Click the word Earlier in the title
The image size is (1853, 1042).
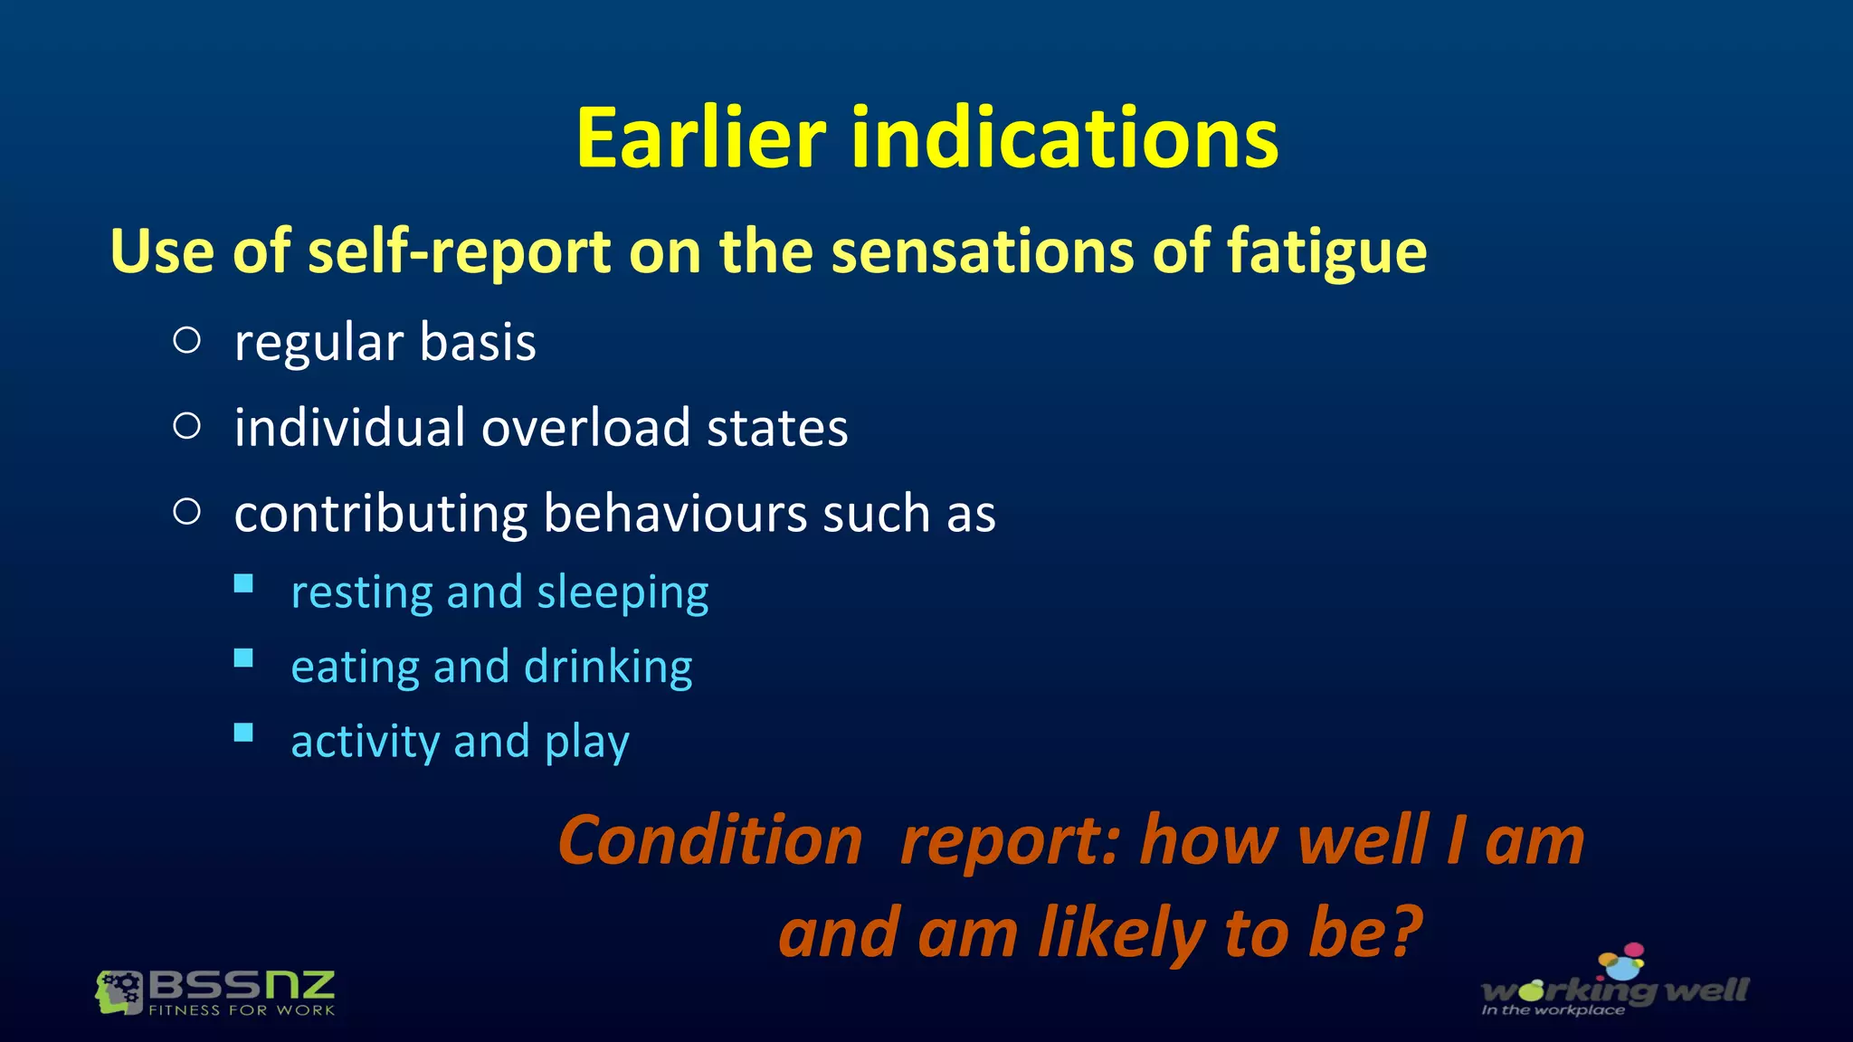coord(700,138)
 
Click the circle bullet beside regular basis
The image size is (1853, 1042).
coord(186,340)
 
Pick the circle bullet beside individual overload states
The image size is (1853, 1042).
coord(186,425)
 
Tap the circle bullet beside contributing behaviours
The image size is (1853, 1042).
coord(186,511)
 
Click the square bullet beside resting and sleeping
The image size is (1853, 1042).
coord(243,583)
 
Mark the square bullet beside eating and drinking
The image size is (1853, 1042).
coord(243,658)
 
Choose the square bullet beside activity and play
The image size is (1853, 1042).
coord(243,733)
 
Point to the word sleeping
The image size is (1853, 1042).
coord(622,593)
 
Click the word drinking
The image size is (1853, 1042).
coord(608,668)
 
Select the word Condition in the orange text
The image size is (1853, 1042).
coord(710,840)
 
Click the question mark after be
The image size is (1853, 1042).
coord(1405,933)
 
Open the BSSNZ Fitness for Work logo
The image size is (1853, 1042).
coord(215,992)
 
